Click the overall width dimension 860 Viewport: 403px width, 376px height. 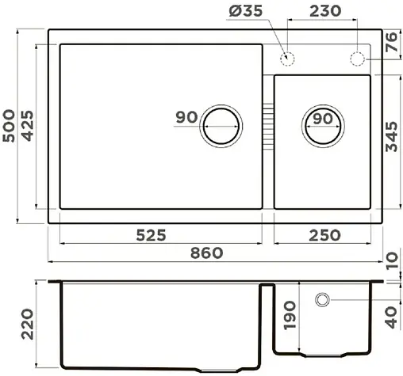[207, 253]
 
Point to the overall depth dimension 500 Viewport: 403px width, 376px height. [10, 127]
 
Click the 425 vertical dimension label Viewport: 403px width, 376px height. [27, 127]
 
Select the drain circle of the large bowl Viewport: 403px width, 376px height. [221, 126]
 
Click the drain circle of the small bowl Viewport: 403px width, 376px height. [323, 126]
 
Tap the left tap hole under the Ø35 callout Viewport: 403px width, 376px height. [288, 59]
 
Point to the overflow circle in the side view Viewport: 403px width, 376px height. [324, 300]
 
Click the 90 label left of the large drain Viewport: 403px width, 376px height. [186, 118]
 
